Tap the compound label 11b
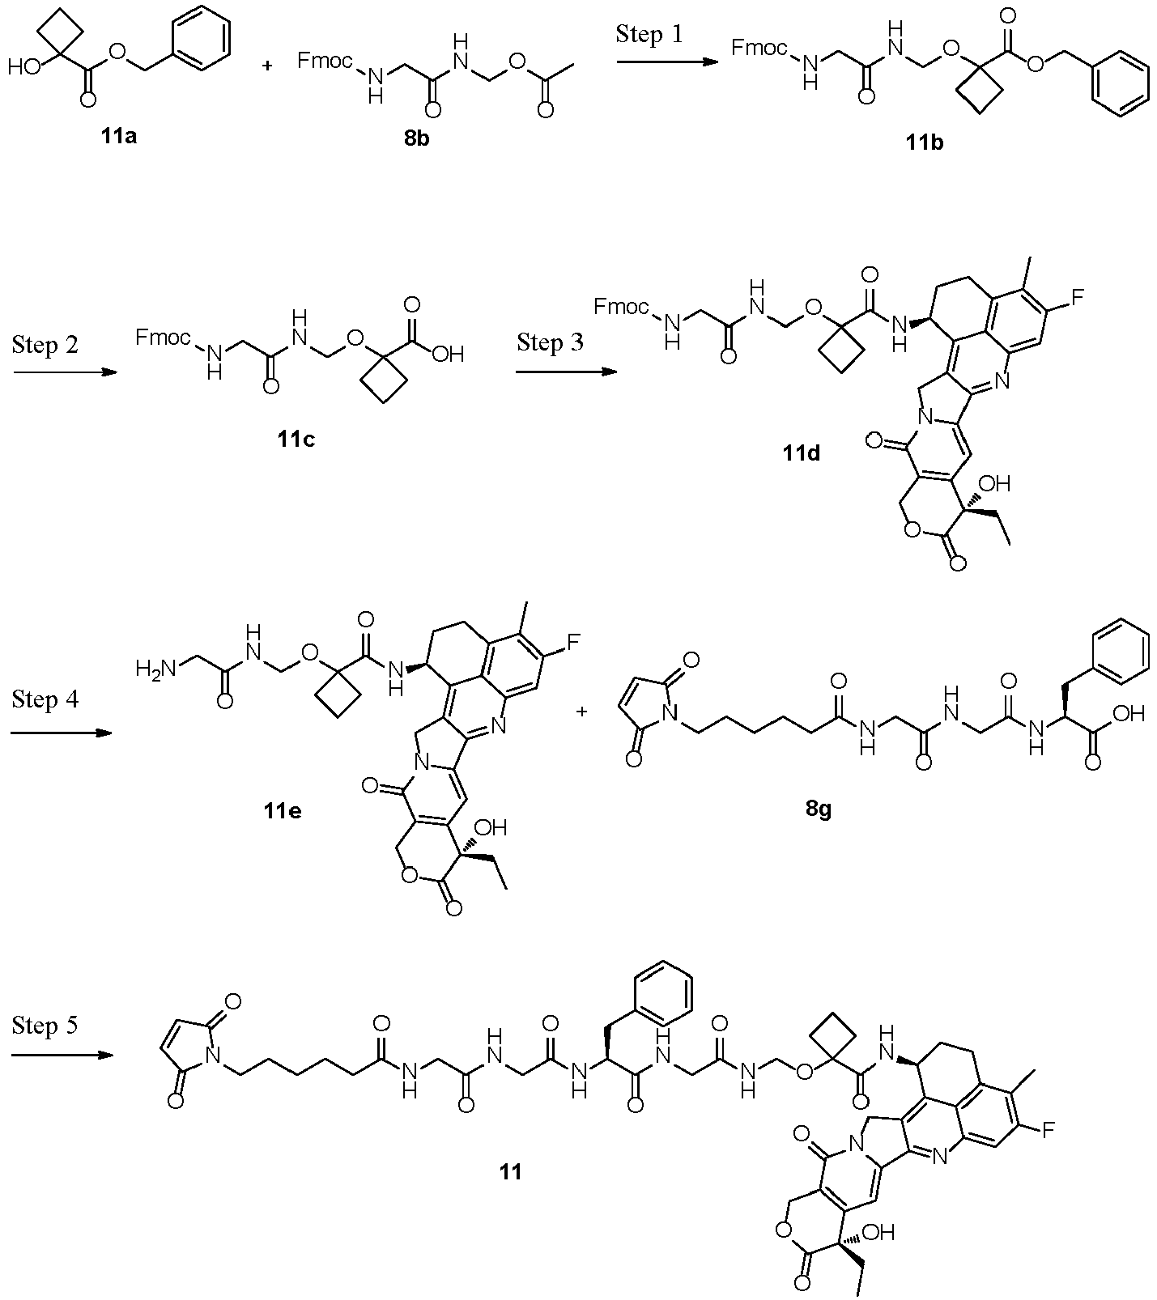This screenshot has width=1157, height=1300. click(925, 143)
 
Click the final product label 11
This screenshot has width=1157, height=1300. click(510, 1170)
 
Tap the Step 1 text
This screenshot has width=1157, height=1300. click(649, 34)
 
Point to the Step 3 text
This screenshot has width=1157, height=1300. click(550, 342)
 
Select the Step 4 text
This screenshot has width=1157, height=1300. click(46, 699)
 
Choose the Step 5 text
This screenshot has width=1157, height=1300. click(46, 1026)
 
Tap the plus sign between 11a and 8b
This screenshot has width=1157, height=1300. click(268, 66)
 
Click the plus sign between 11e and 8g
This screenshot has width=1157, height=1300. click(581, 712)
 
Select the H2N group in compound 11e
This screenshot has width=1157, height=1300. click(154, 669)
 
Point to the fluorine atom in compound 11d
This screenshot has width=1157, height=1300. click(1077, 297)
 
